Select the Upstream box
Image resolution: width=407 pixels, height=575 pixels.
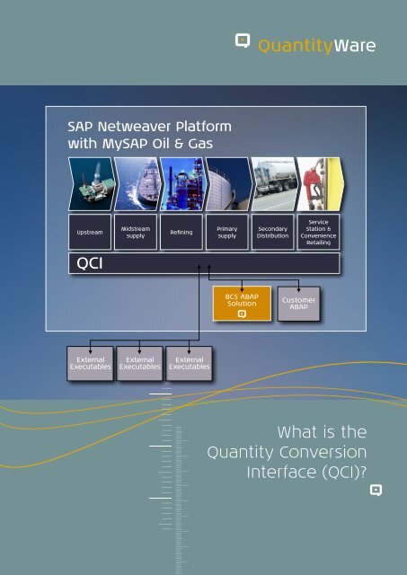(90, 232)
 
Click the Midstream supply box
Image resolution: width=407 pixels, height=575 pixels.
(136, 232)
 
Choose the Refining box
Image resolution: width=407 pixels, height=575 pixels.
(181, 232)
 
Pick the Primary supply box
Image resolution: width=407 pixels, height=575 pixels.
(226, 232)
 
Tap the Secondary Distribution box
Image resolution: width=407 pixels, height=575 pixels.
(272, 232)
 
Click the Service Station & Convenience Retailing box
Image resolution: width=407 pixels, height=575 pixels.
(318, 232)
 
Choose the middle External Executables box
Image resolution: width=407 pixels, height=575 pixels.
(139, 362)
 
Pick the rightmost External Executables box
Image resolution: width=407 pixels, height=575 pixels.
(190, 362)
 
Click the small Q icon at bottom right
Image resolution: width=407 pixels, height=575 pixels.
(376, 491)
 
